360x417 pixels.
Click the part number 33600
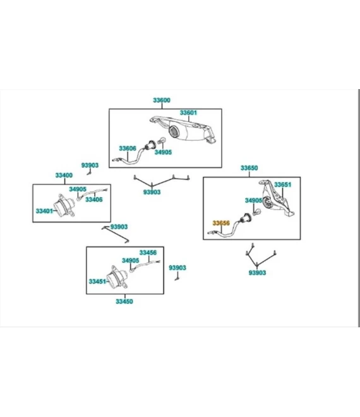(162, 100)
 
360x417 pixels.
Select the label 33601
(188, 112)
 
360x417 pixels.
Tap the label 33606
(128, 148)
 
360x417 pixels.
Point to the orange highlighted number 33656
(221, 223)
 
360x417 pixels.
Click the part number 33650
(249, 168)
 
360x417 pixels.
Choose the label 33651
(282, 184)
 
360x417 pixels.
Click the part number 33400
(64, 176)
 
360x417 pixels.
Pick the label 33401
(44, 211)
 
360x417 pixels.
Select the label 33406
(94, 200)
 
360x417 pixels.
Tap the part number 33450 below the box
(124, 301)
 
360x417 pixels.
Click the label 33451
(97, 282)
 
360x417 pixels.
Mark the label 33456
(148, 253)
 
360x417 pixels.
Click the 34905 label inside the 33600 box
(163, 152)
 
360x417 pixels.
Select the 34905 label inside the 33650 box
(253, 200)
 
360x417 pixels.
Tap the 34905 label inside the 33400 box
(78, 190)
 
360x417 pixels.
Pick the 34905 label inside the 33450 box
(130, 260)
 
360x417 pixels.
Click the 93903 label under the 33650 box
(257, 273)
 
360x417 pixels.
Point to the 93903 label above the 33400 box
(90, 166)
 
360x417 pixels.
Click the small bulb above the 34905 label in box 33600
(162, 140)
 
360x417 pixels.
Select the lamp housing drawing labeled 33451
(117, 278)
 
